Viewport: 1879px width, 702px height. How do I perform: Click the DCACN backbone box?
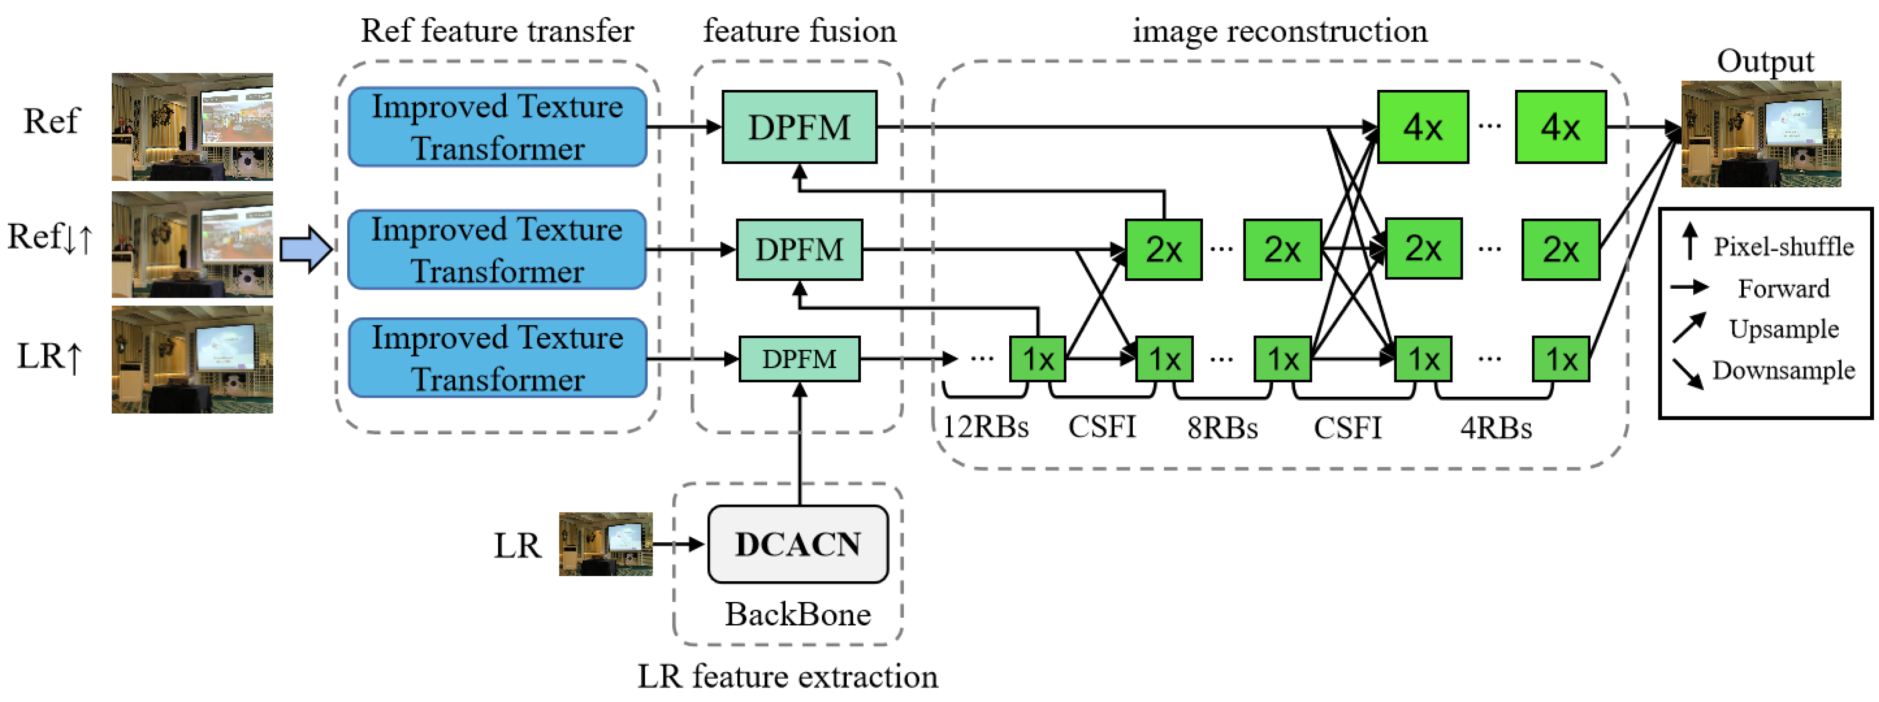pyautogui.click(x=798, y=544)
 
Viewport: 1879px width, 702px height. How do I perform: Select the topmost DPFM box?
pyautogui.click(x=799, y=127)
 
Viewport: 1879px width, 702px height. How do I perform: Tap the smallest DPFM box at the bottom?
pyautogui.click(x=799, y=359)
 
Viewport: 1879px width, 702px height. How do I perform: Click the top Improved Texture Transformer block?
pyautogui.click(x=498, y=127)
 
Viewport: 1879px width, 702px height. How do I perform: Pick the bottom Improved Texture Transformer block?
pyautogui.click(x=498, y=358)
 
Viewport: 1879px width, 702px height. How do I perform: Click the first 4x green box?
pyautogui.click(x=1423, y=127)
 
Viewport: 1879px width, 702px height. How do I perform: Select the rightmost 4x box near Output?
pyautogui.click(x=1560, y=127)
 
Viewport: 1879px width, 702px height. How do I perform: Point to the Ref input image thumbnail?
pyautogui.click(x=192, y=127)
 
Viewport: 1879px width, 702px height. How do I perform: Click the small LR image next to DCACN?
pyautogui.click(x=605, y=544)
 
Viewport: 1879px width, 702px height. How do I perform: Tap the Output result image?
pyautogui.click(x=1761, y=134)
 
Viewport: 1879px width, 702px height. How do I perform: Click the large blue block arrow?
pyautogui.click(x=305, y=249)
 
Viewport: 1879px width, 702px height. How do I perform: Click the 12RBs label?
pyautogui.click(x=986, y=427)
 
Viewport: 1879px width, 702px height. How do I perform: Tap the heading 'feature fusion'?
pyautogui.click(x=799, y=31)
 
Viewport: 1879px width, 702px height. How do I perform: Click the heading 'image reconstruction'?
pyautogui.click(x=1279, y=31)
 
